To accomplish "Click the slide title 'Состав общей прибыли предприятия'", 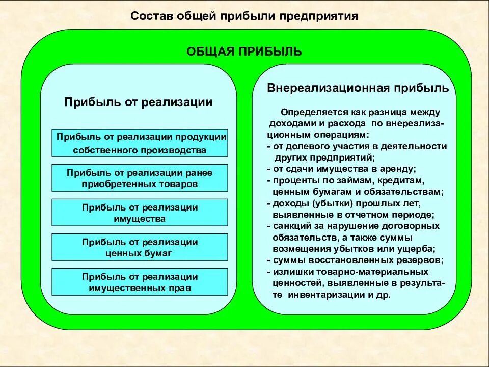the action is pos(244,16).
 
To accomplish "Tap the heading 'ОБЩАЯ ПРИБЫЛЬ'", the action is pos(244,51).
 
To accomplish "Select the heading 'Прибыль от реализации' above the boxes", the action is pos(138,102).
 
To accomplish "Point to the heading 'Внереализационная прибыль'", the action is pos(358,88).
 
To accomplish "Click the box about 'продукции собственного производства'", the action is pos(140,143).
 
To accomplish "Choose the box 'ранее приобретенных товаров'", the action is pos(140,178).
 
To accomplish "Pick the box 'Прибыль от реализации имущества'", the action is pos(140,213).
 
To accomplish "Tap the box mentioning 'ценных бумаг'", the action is pos(140,247).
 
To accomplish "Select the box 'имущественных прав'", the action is pos(140,282).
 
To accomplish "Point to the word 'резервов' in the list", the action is pos(424,260).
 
